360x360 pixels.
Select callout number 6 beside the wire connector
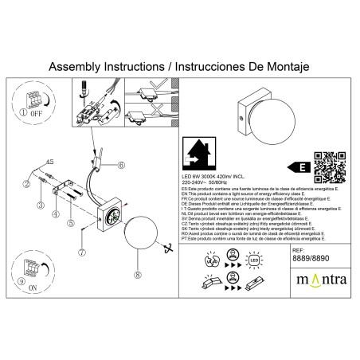[x=121, y=166]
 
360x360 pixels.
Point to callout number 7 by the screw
[x=82, y=252]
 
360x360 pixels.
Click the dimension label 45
[x=49, y=162]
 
